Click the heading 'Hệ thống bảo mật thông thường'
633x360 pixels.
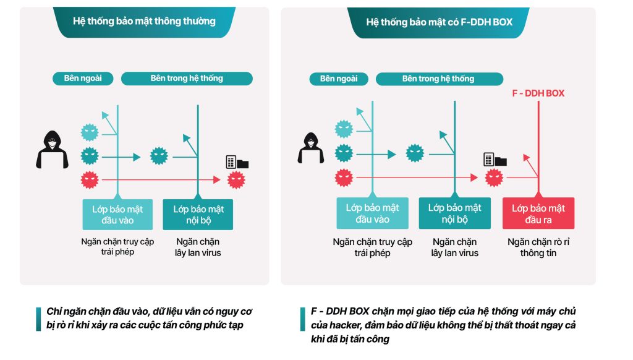click(x=144, y=21)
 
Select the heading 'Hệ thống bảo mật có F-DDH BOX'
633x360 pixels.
click(x=439, y=22)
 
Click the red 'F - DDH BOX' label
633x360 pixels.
click(x=538, y=93)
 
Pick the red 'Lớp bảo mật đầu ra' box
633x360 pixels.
click(x=538, y=214)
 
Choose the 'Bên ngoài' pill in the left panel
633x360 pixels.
click(x=83, y=79)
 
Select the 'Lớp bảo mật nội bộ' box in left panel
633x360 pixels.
click(x=198, y=214)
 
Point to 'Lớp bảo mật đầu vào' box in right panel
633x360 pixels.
click(x=372, y=213)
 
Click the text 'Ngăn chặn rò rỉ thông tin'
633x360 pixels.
click(x=538, y=247)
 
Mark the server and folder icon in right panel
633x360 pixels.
click(x=495, y=160)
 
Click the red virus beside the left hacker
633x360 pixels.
click(x=90, y=180)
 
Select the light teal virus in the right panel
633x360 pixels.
click(x=344, y=129)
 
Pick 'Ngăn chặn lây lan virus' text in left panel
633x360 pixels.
click(x=198, y=247)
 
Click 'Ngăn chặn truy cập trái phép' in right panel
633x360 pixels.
click(x=372, y=247)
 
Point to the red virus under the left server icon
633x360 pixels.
click(x=236, y=180)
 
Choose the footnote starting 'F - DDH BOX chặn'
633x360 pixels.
click(x=443, y=325)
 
